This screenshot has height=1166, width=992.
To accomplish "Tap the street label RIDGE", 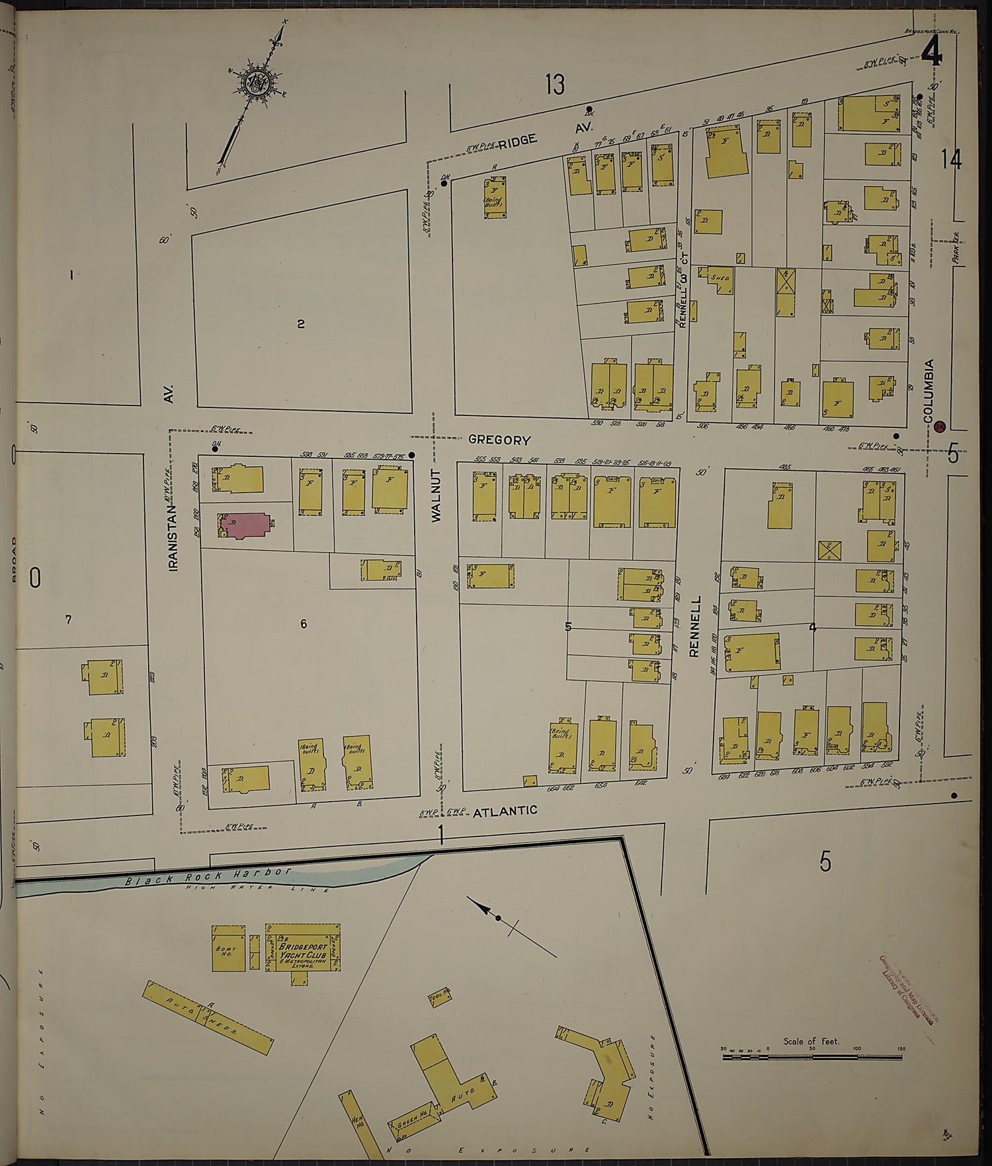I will click(x=517, y=140).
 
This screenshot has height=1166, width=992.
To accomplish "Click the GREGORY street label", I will click(x=499, y=440).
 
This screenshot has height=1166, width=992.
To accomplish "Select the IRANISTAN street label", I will click(x=173, y=536).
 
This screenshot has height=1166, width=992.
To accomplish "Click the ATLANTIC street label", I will click(x=505, y=810).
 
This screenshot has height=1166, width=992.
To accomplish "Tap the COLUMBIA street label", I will click(x=929, y=391).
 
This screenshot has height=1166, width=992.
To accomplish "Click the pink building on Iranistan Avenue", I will click(x=243, y=526).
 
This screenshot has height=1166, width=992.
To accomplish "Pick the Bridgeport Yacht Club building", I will click(x=303, y=947).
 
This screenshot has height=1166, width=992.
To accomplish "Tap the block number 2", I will click(x=300, y=324).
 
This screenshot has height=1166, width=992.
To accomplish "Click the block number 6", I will click(x=304, y=624).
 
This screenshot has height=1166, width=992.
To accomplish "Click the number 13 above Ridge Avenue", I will click(x=556, y=85).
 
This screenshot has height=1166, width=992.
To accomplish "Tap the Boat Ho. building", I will click(x=224, y=948).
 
